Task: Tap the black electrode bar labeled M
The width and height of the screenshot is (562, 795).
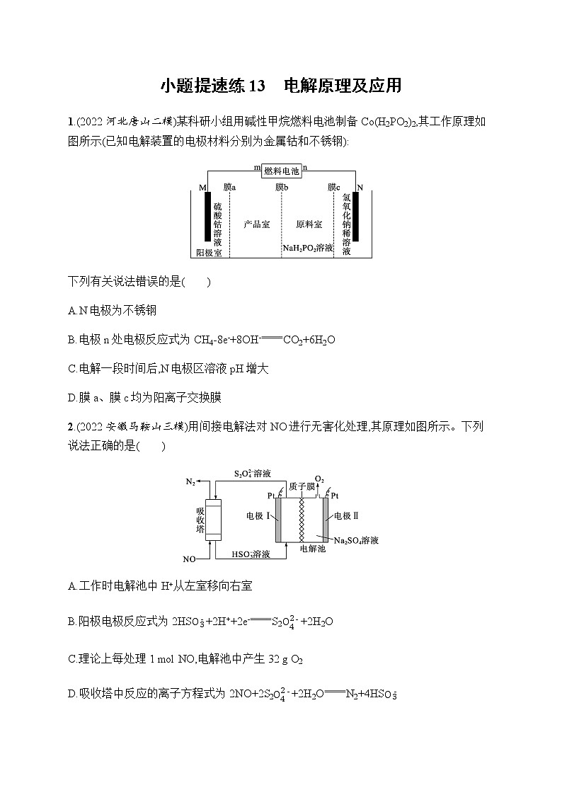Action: [x=207, y=216]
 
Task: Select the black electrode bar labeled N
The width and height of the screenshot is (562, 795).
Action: [x=355, y=216]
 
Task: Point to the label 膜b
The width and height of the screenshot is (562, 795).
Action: [x=282, y=187]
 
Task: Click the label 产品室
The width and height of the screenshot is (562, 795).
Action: [x=256, y=224]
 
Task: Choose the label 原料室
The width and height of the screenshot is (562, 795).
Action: [x=309, y=224]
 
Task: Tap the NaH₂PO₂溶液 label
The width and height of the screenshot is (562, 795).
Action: [x=308, y=248]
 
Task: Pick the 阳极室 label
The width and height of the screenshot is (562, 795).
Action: [x=209, y=253]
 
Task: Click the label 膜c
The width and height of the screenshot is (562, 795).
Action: [x=334, y=187]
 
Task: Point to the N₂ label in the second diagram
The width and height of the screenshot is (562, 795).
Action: [x=190, y=481]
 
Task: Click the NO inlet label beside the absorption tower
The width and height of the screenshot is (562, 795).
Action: [x=189, y=559]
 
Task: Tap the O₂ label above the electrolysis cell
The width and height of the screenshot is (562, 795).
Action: [x=319, y=479]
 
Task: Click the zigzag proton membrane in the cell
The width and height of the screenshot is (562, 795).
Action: [x=303, y=520]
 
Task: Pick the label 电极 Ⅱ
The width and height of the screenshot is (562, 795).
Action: [x=346, y=515]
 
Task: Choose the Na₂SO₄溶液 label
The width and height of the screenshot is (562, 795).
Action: [x=356, y=540]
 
